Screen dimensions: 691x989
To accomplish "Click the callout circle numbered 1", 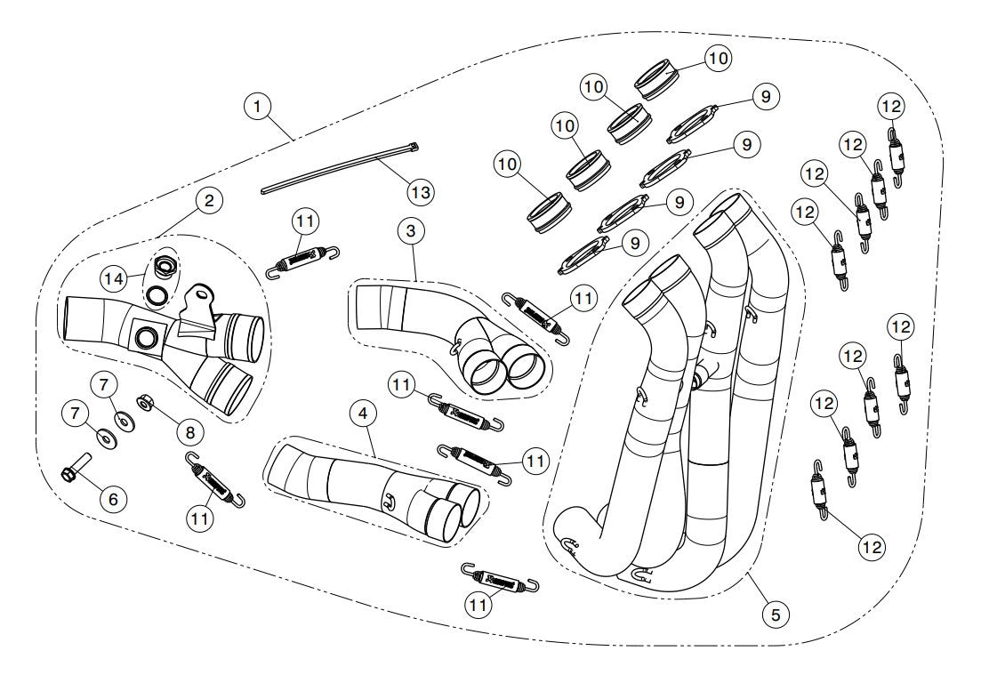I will point(257,107).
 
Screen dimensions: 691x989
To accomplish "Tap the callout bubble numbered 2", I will point(208,200).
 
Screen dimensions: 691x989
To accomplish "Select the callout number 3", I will point(409,231).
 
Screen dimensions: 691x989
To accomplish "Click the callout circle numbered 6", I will point(113,499).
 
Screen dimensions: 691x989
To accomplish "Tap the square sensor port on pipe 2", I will point(146,337).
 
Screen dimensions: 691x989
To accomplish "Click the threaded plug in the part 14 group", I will point(164,265).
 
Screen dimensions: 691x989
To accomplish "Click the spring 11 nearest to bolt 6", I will point(213,481).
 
